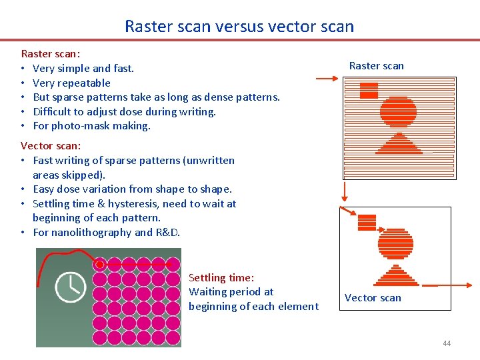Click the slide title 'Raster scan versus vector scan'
point(239,27)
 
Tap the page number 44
point(446,343)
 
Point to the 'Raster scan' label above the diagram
point(376,65)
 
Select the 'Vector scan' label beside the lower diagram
point(373,298)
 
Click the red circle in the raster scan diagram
point(398,112)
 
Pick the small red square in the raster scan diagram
point(369,90)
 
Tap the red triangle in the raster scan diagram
point(399,144)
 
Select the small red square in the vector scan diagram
point(367,222)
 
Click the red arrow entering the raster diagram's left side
point(327,79)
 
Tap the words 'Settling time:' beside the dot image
point(221,277)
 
